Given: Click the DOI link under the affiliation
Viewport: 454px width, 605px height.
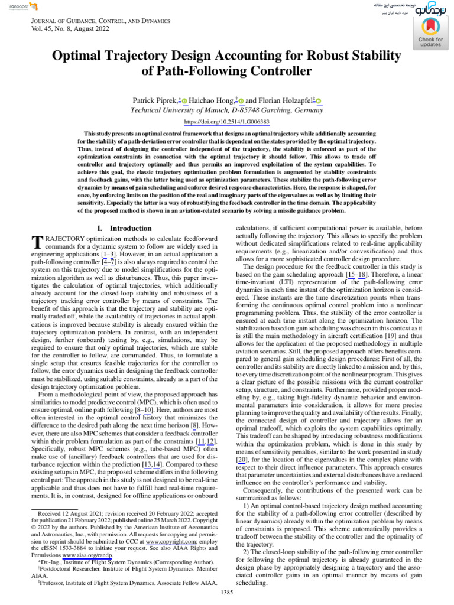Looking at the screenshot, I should click(x=227, y=122).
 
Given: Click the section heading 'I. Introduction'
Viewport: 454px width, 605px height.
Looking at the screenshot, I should click(x=124, y=228).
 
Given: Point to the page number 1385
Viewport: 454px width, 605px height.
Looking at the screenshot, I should click(x=227, y=591).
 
